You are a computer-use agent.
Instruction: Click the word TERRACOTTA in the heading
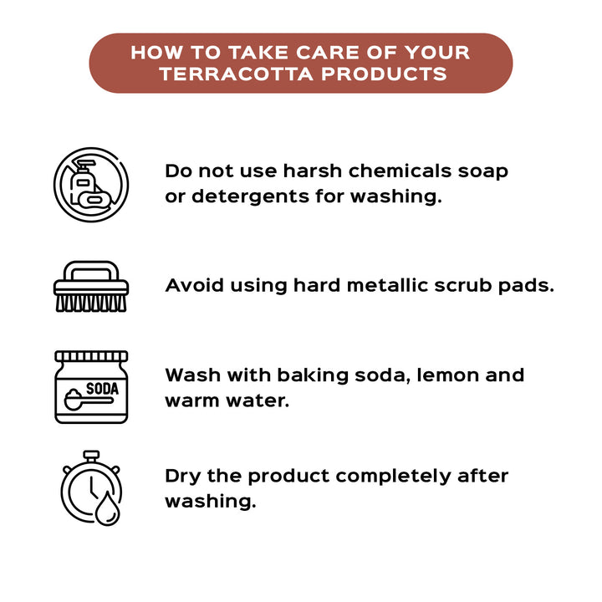237,74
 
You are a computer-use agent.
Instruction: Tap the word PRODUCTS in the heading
384,74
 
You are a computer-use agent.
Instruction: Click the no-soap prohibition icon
91,185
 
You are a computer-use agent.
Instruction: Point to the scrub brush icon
91,287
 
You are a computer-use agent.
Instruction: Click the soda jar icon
91,387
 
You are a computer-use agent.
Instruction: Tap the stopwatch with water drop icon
91,488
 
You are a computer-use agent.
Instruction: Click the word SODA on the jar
102,389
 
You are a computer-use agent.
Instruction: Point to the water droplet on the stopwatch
108,508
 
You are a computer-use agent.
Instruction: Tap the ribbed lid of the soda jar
91,356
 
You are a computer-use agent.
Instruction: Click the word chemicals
400,171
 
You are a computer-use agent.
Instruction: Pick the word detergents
250,197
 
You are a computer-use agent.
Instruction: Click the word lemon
447,375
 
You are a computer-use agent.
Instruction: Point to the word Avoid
194,286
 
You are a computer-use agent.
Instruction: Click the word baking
313,376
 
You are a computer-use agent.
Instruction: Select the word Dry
183,477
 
